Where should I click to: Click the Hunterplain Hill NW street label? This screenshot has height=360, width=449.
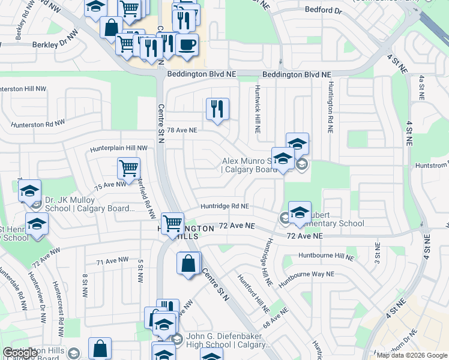click(118, 148)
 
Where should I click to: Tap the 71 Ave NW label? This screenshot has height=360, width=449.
click(113, 260)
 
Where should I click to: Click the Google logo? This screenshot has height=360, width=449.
click(20, 353)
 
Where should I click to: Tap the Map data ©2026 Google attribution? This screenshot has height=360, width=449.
click(412, 355)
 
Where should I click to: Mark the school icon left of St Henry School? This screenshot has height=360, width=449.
click(37, 224)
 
